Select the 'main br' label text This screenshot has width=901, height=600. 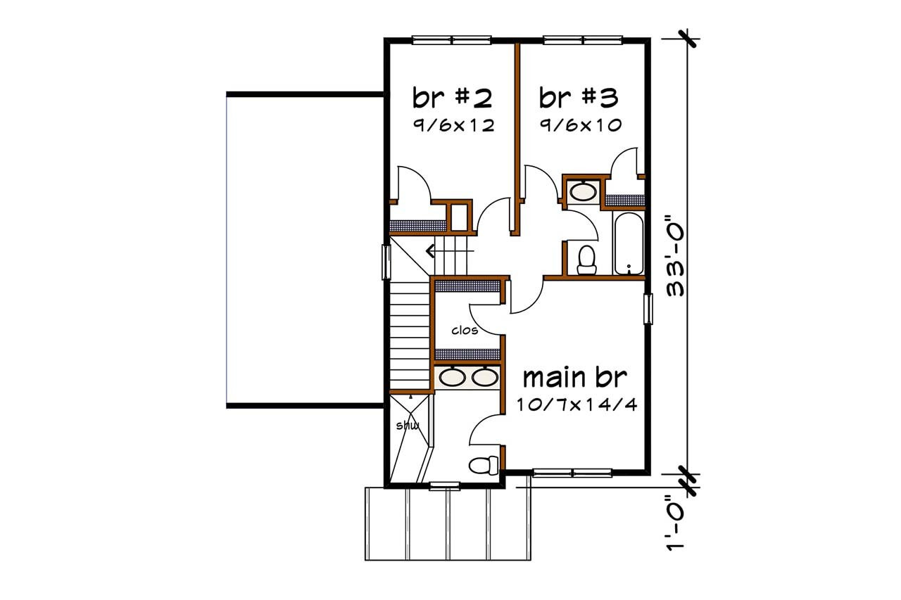(574, 378)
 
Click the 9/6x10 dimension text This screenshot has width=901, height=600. (580, 126)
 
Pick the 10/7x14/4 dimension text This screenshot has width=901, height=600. (575, 406)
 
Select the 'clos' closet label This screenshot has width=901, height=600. (465, 330)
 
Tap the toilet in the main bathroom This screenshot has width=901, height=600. (483, 464)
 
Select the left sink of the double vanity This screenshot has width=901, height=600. (451, 378)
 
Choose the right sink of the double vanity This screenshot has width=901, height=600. (484, 378)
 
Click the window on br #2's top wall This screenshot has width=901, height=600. (451, 40)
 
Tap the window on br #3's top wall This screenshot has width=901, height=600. (583, 40)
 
